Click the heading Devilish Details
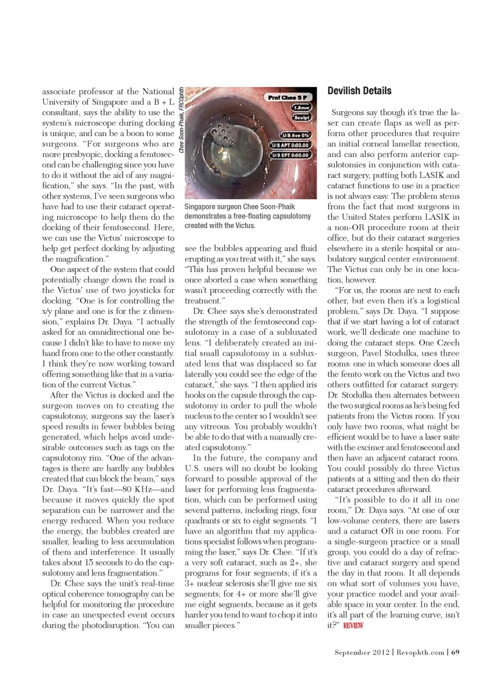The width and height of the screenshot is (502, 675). tap(359, 91)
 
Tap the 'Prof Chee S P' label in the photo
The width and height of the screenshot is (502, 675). tap(287, 97)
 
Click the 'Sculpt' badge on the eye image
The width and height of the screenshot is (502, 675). tap(301, 118)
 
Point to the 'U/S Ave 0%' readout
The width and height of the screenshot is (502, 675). tap(295, 135)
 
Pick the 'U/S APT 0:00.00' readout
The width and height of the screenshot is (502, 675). tap(290, 145)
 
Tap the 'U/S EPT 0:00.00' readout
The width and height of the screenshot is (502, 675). tap(290, 155)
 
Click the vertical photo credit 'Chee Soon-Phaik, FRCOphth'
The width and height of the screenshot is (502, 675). tap(181, 119)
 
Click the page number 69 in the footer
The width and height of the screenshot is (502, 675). tap(455, 652)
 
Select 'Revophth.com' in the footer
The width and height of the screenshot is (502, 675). tap(420, 652)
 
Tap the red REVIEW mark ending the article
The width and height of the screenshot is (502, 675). tap(353, 625)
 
